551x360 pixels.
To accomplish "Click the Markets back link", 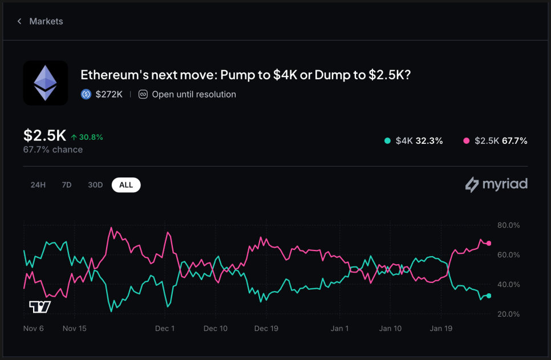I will point(40,21).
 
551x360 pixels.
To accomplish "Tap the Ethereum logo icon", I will point(46,83).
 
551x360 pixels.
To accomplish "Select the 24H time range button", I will point(38,185).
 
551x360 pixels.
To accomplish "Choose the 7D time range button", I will point(67,185).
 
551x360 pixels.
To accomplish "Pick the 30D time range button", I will point(95,185).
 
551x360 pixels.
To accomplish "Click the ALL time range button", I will point(126,185).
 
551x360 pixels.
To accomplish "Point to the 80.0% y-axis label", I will point(508,225).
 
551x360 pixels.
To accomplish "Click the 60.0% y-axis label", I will point(508,255).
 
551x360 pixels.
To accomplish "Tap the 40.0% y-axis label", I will point(508,285).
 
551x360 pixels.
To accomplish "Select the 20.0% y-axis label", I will point(508,314).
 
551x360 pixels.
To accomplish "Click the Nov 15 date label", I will point(75,329).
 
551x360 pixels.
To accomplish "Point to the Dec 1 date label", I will point(165,329).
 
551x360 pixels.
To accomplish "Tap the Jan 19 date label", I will point(441,329).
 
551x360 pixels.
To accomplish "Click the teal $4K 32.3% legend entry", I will point(414,141).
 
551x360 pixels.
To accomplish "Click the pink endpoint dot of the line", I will point(489,244).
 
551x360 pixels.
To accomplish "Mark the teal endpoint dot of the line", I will point(489,296).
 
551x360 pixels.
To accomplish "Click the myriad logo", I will point(496,184).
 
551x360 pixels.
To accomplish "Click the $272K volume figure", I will point(108,95).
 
